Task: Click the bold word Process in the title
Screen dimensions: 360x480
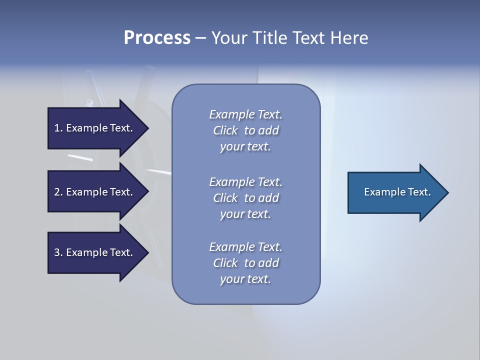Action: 157,38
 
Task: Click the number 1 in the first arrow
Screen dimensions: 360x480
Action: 57,128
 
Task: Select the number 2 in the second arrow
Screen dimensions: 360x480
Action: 57,192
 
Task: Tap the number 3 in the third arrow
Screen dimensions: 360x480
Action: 57,252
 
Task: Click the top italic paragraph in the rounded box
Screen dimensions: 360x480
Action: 245,130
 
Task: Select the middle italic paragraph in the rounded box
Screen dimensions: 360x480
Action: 245,198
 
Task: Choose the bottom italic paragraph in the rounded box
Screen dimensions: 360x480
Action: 245,263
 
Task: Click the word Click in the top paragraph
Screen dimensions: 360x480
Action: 225,130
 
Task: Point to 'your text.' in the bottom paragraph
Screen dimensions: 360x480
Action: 245,279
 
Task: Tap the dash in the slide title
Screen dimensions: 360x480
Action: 200,38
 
